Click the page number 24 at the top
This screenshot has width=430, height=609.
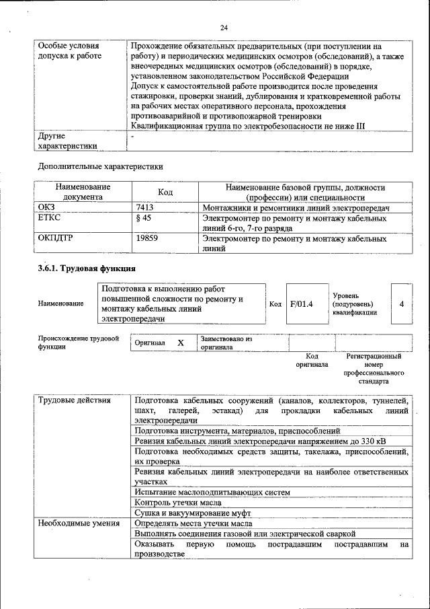point(224,28)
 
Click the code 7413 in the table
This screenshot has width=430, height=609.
point(144,208)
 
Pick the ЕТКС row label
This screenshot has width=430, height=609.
point(48,219)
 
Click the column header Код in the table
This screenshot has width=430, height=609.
point(165,192)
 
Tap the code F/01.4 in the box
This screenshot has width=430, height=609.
point(302,303)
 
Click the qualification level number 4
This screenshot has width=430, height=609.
point(401,303)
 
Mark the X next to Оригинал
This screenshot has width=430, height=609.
point(180,343)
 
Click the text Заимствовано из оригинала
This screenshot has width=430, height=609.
point(226,343)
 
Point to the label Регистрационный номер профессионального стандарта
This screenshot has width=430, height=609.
point(374,368)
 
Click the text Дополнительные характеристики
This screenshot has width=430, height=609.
point(100,166)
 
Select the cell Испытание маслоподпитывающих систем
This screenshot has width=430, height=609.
point(212,492)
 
